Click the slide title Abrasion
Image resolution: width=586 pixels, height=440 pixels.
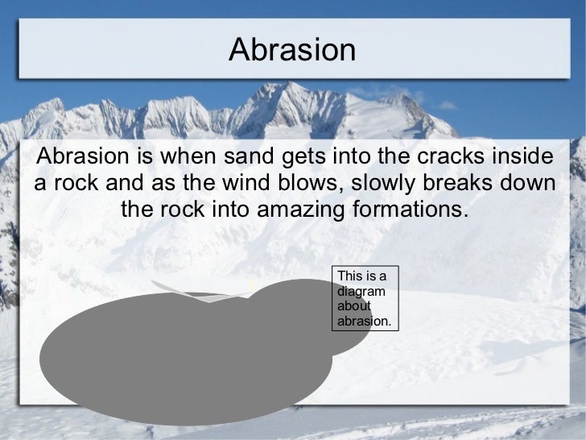click(x=291, y=50)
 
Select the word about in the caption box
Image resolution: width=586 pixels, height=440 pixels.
click(x=354, y=306)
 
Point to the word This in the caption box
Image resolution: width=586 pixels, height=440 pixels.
click(x=350, y=277)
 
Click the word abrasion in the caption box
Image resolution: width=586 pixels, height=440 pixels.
click(x=364, y=321)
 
